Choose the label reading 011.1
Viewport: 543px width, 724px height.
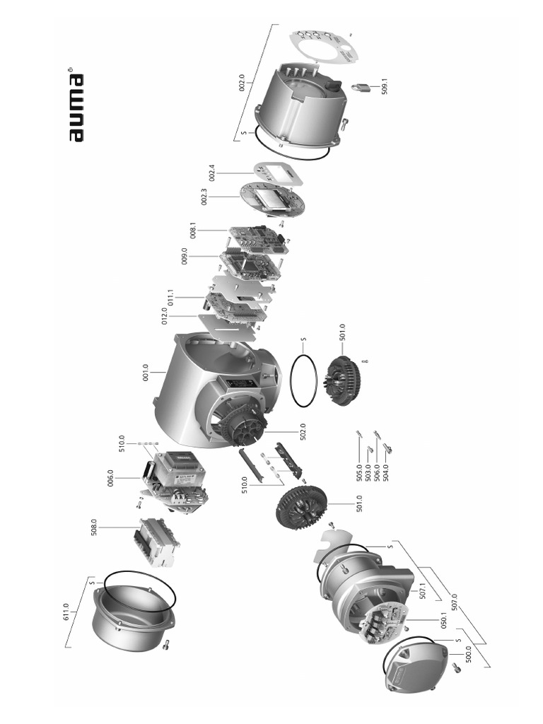170,296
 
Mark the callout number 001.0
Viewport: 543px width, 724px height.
146,372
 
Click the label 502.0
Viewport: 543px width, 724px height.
302,431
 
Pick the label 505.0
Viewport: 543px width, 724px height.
358,472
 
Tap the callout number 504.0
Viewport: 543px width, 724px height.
385,472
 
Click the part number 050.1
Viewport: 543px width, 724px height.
443,621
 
